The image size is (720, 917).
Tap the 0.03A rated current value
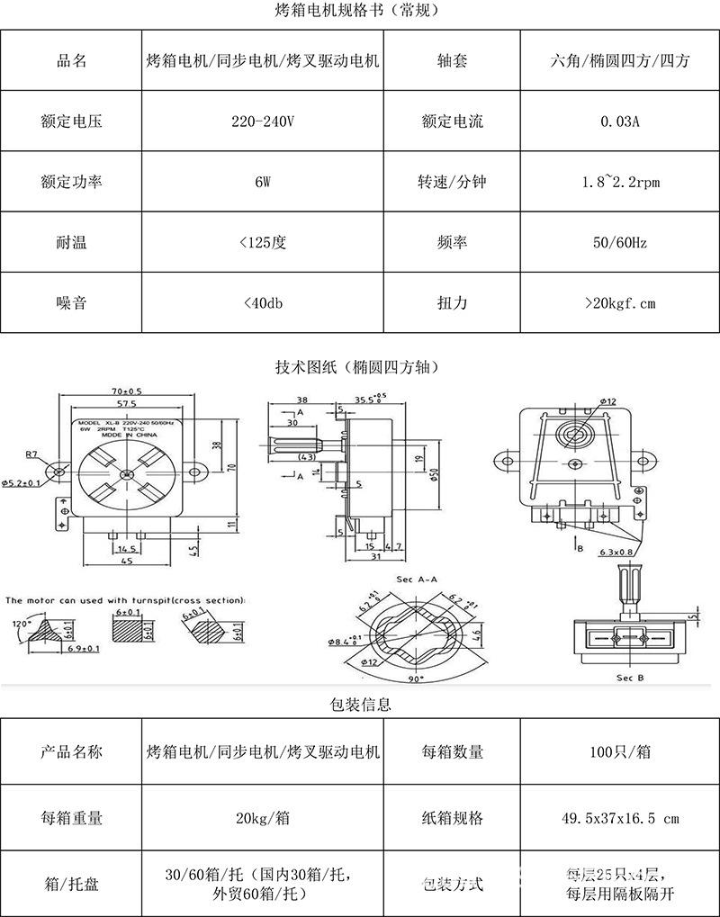point(619,121)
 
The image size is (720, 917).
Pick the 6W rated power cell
point(262,182)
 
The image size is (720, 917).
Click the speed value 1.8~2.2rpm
point(620,182)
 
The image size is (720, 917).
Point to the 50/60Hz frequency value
point(620,242)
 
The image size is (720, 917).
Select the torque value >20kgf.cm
point(620,302)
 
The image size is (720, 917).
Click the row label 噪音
point(71,302)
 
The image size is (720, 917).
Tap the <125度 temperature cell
point(263,242)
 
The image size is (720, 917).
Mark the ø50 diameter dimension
point(435,475)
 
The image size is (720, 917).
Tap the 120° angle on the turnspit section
point(22,621)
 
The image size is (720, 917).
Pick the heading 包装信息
point(361,705)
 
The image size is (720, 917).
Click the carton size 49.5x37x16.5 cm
point(620,818)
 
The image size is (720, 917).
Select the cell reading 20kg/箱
point(263,818)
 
